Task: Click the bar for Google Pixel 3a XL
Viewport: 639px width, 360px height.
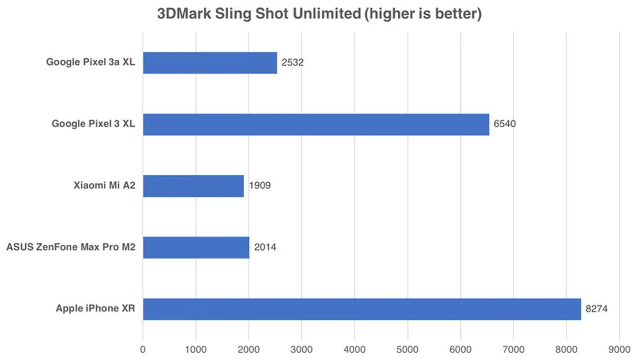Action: point(210,63)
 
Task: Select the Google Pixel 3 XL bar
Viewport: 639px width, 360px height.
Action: point(316,124)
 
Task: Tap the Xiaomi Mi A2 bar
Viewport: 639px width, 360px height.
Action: point(193,186)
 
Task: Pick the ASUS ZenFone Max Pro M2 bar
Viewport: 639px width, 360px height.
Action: point(196,248)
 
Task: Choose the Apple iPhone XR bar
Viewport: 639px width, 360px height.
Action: point(362,309)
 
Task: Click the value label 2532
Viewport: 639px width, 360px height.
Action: point(292,63)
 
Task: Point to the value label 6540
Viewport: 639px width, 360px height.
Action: point(504,124)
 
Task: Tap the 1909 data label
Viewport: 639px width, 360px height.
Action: point(260,186)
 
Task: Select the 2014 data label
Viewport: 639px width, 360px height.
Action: point(265,247)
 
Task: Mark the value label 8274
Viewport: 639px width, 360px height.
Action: point(596,309)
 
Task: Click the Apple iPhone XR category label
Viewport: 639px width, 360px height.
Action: point(95,308)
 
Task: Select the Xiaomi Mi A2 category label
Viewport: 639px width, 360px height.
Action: point(104,185)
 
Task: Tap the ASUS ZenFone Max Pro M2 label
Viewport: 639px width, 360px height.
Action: point(71,247)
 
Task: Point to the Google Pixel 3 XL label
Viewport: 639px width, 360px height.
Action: point(93,124)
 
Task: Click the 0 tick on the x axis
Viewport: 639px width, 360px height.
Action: point(143,350)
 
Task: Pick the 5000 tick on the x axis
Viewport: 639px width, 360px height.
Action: point(407,350)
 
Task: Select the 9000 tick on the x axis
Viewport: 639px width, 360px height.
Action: point(619,350)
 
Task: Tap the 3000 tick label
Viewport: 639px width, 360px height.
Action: point(301,350)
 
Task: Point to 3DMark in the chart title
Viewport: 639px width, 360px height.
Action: point(184,14)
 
